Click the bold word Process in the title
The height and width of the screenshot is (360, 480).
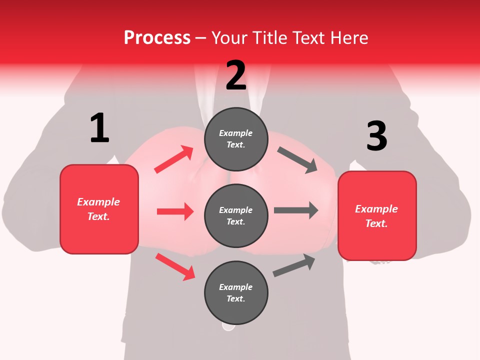(x=157, y=38)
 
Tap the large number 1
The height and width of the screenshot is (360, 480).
(x=99, y=128)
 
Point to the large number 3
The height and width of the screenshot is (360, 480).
(x=376, y=136)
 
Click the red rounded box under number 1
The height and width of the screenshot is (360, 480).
(x=99, y=209)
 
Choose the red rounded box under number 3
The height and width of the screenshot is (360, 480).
(x=377, y=215)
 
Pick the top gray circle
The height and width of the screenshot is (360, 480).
(x=236, y=139)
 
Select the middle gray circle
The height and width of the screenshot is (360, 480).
(x=236, y=215)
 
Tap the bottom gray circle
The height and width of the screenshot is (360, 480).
(x=236, y=292)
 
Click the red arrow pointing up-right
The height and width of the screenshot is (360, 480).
(x=174, y=159)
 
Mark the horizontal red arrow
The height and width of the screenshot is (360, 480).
(x=175, y=211)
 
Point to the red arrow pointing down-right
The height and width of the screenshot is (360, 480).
(x=175, y=266)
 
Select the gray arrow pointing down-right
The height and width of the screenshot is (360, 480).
(x=297, y=160)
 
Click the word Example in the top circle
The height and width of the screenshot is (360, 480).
(x=236, y=133)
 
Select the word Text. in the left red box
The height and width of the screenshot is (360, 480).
(x=98, y=216)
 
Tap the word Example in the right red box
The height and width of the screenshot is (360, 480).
(x=376, y=209)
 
